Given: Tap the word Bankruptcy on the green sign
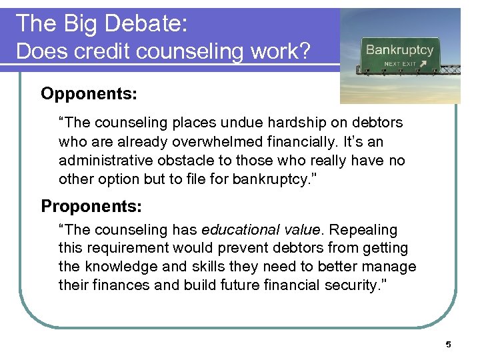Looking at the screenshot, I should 399,49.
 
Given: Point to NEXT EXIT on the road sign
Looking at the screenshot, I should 399,64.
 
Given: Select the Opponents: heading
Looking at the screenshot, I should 89,93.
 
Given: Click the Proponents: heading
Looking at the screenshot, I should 91,206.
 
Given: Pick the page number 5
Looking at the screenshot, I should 448,344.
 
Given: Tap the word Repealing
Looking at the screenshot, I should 363,230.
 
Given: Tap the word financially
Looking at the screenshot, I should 321,142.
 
